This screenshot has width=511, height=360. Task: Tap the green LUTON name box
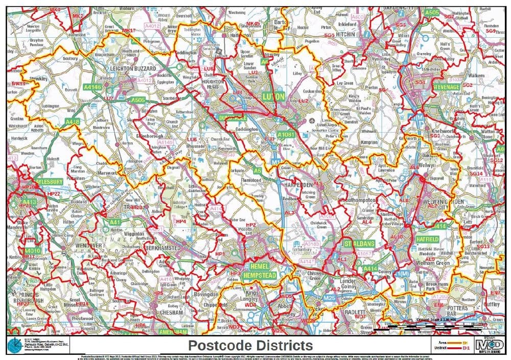point(273,96)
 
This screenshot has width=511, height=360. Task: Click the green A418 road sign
point(73,122)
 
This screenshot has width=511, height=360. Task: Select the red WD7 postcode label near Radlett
point(360,317)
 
